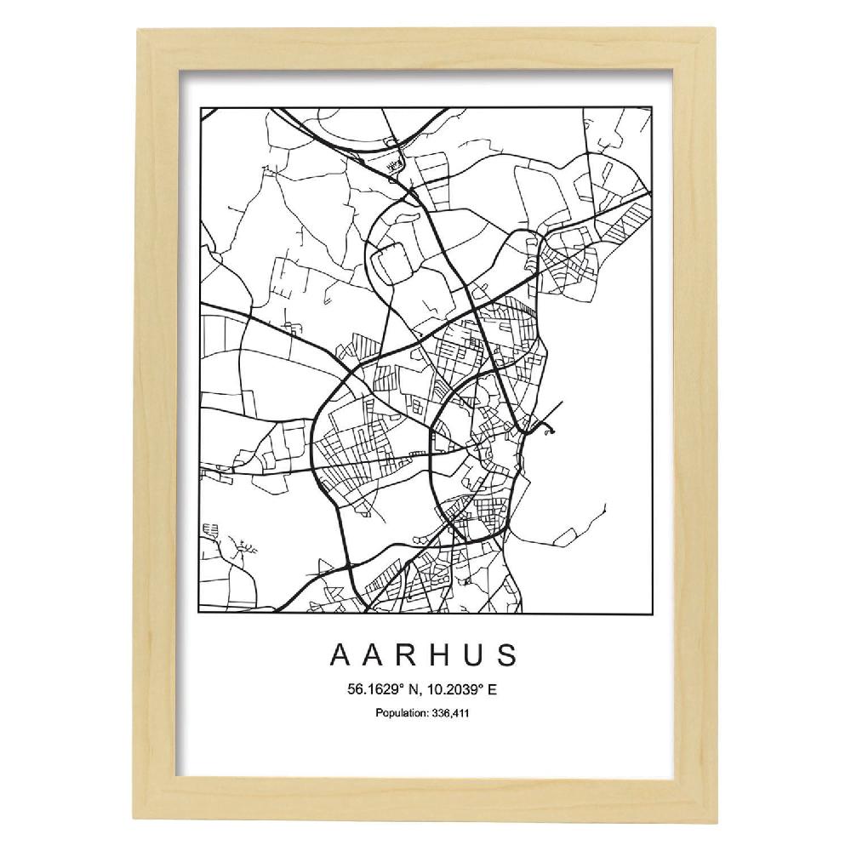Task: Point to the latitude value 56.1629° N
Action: coord(377,690)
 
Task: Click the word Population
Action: coord(402,712)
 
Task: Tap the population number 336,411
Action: coord(451,712)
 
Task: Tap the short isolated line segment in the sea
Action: coord(603,510)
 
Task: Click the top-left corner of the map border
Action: coord(199,107)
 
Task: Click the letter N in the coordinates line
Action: coord(405,690)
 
